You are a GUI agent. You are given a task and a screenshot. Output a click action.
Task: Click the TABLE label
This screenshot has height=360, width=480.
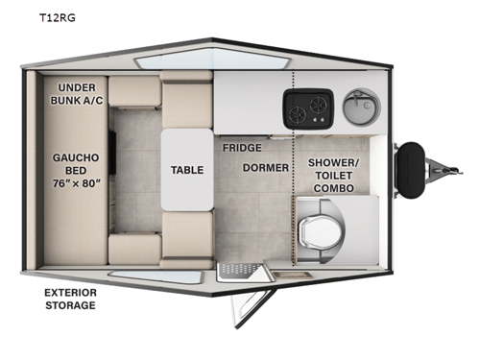[186, 170]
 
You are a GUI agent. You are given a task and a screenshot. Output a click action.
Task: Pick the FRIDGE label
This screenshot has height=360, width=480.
[241, 149]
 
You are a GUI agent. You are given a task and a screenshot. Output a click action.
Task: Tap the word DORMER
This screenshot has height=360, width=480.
[260, 168]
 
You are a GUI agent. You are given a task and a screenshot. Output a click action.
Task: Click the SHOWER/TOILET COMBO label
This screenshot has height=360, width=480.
[333, 174]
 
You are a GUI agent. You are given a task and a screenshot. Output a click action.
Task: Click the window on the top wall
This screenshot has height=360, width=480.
[168, 61]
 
